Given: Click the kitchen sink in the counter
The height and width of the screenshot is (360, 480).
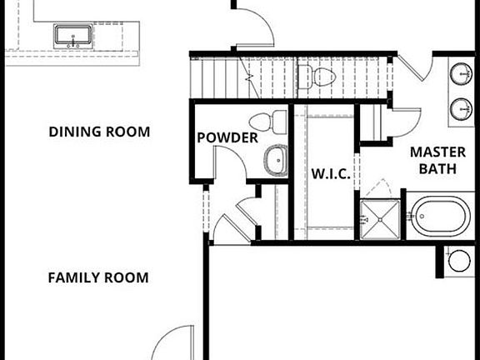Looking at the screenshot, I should click(x=74, y=36).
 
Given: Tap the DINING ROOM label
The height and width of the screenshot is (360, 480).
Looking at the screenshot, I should click(x=99, y=132).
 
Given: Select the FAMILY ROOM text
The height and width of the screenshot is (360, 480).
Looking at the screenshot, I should click(x=97, y=277).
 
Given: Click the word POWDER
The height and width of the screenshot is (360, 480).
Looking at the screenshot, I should click(x=227, y=137).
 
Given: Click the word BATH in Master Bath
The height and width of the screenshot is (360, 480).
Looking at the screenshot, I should click(x=437, y=169).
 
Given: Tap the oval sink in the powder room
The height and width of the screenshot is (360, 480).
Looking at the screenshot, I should click(x=275, y=160).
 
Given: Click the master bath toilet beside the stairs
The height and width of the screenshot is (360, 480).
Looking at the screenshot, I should click(x=318, y=78).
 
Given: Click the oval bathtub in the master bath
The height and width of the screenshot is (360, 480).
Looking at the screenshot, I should click(x=440, y=217).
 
